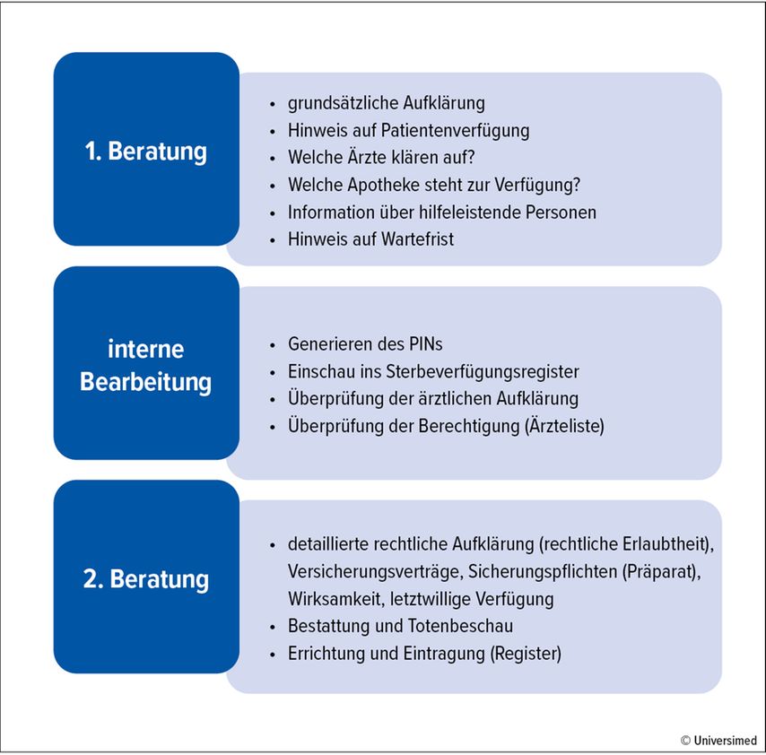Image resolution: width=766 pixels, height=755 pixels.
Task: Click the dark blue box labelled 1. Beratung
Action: pyautogui.click(x=146, y=149)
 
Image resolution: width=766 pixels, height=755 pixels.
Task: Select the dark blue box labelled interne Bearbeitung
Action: pyautogui.click(x=146, y=363)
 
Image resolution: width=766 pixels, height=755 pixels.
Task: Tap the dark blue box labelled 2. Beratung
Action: pyautogui.click(x=146, y=577)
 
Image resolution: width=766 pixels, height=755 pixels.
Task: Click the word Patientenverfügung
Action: pyautogui.click(x=455, y=131)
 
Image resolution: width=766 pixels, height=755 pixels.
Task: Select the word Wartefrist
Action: pyautogui.click(x=417, y=239)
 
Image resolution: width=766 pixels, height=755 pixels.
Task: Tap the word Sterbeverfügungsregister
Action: pyautogui.click(x=483, y=372)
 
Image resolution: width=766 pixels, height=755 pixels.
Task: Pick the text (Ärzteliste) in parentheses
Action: pyautogui.click(x=564, y=426)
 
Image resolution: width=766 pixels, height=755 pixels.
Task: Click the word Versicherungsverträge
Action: pyautogui.click(x=375, y=571)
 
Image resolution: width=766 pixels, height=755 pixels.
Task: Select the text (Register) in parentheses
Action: pyautogui.click(x=526, y=654)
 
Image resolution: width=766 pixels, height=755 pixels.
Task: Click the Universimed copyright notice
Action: pyautogui.click(x=718, y=741)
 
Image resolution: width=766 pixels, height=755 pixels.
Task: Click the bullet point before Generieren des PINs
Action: pyautogui.click(x=273, y=346)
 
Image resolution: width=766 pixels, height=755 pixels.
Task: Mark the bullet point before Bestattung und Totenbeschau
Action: pyautogui.click(x=273, y=628)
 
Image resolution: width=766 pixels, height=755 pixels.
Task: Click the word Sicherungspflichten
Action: pyautogui.click(x=543, y=571)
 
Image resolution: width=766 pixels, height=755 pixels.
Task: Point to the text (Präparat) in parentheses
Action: pyautogui.click(x=661, y=571)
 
